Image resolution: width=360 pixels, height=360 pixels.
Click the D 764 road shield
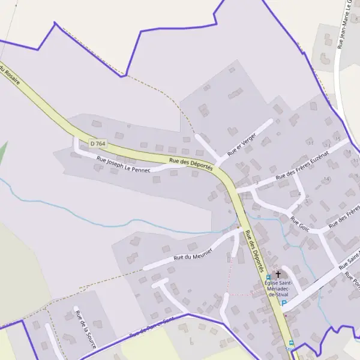point(97,143)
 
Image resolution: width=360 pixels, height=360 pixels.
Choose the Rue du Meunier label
point(194,253)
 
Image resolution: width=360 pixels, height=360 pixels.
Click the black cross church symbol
point(278,274)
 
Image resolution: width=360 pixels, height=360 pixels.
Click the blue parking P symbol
point(284,303)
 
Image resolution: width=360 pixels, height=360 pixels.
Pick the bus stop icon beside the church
point(268,277)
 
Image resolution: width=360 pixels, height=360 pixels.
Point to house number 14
point(326,179)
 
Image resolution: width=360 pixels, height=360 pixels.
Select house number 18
point(349,152)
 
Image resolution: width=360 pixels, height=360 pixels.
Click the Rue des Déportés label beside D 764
point(191,164)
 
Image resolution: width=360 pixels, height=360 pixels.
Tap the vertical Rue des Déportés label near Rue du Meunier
point(251,247)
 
